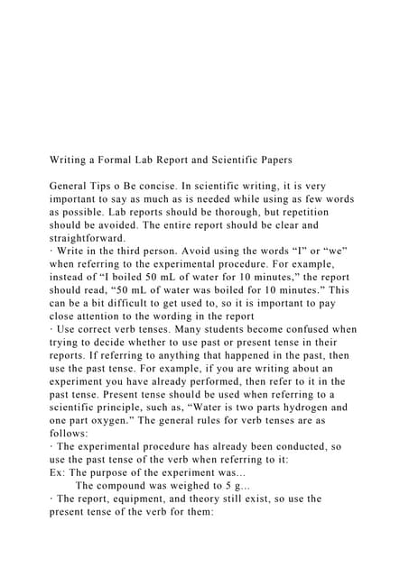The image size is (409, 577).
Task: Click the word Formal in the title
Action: tap(125, 160)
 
